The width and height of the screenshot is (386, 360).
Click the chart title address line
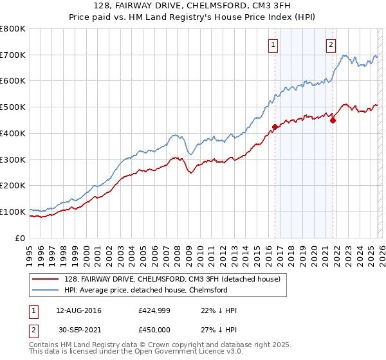193,7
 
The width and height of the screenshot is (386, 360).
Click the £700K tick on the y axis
12,55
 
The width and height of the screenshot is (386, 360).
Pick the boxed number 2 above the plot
331,44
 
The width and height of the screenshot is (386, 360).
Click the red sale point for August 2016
275,127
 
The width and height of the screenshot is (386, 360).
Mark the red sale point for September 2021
333,120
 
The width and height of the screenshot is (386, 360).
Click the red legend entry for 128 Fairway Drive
172,280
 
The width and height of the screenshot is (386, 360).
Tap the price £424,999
154,310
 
